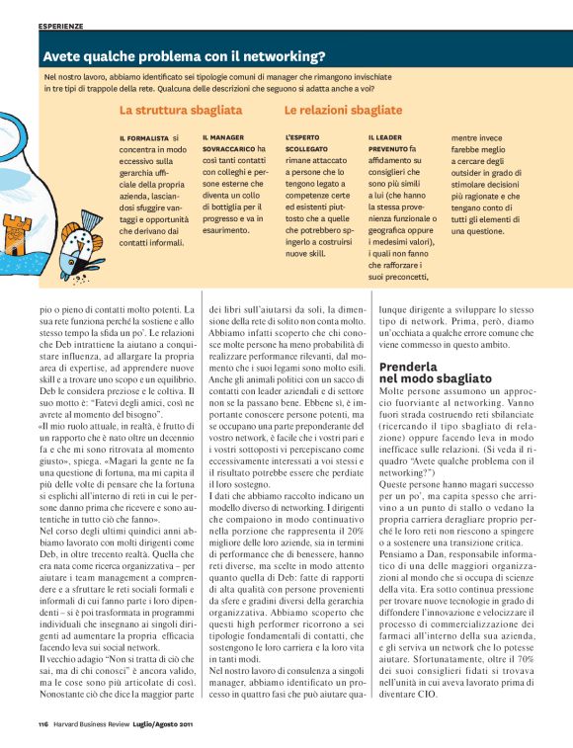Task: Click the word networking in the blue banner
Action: tap(287, 56)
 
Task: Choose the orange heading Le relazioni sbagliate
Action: tap(343, 111)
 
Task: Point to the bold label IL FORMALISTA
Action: tap(142, 138)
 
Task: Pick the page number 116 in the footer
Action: tap(44, 725)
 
